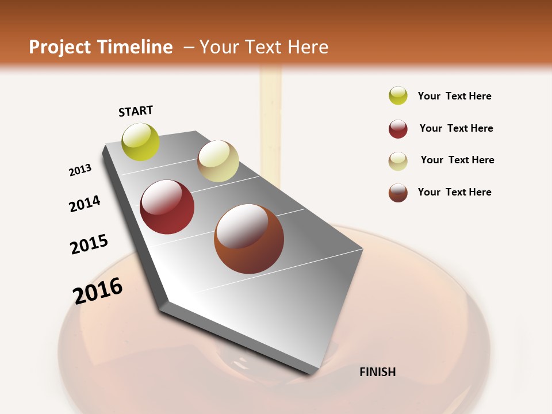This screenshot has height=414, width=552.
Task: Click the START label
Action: (x=136, y=111)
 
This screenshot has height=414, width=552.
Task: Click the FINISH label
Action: (x=378, y=372)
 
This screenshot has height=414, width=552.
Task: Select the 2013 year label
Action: (x=80, y=170)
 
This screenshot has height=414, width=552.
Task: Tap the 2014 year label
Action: (x=85, y=204)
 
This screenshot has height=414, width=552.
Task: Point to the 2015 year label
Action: (x=89, y=244)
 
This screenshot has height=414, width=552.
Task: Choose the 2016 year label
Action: (x=98, y=291)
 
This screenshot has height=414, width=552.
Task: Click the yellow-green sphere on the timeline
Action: (x=141, y=141)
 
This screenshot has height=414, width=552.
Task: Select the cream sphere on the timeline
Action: (x=218, y=161)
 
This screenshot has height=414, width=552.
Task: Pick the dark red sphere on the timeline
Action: (x=167, y=207)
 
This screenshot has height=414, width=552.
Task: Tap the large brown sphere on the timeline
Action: (x=249, y=239)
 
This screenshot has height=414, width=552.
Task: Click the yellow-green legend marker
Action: (x=398, y=95)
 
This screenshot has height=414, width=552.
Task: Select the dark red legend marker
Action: (x=398, y=129)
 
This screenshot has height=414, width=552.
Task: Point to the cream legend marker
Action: (x=398, y=161)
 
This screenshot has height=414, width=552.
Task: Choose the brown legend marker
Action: (x=398, y=193)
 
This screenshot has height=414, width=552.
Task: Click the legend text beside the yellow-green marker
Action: (x=454, y=96)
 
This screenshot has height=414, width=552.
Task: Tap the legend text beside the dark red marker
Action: (x=456, y=128)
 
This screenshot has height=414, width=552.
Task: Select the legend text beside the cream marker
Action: (x=457, y=160)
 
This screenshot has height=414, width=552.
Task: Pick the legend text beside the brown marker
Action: (x=454, y=192)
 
